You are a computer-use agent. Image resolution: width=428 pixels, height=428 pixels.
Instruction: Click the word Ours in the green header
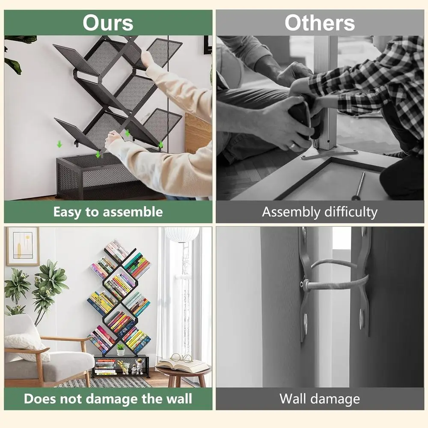click(x=108, y=23)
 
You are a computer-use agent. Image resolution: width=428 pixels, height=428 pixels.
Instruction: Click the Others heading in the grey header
click(x=320, y=23)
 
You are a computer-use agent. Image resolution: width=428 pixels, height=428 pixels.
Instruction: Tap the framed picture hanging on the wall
click(x=22, y=246)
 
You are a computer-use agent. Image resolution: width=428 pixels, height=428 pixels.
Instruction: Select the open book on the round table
click(x=181, y=365)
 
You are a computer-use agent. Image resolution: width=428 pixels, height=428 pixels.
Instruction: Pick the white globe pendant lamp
click(x=182, y=233)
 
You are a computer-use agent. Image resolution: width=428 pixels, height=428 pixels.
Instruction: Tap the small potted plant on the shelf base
click(x=121, y=349)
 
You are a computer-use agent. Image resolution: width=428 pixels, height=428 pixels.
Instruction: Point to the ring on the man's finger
click(x=292, y=146)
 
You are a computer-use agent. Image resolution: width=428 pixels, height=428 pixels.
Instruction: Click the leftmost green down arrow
click(x=59, y=145)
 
